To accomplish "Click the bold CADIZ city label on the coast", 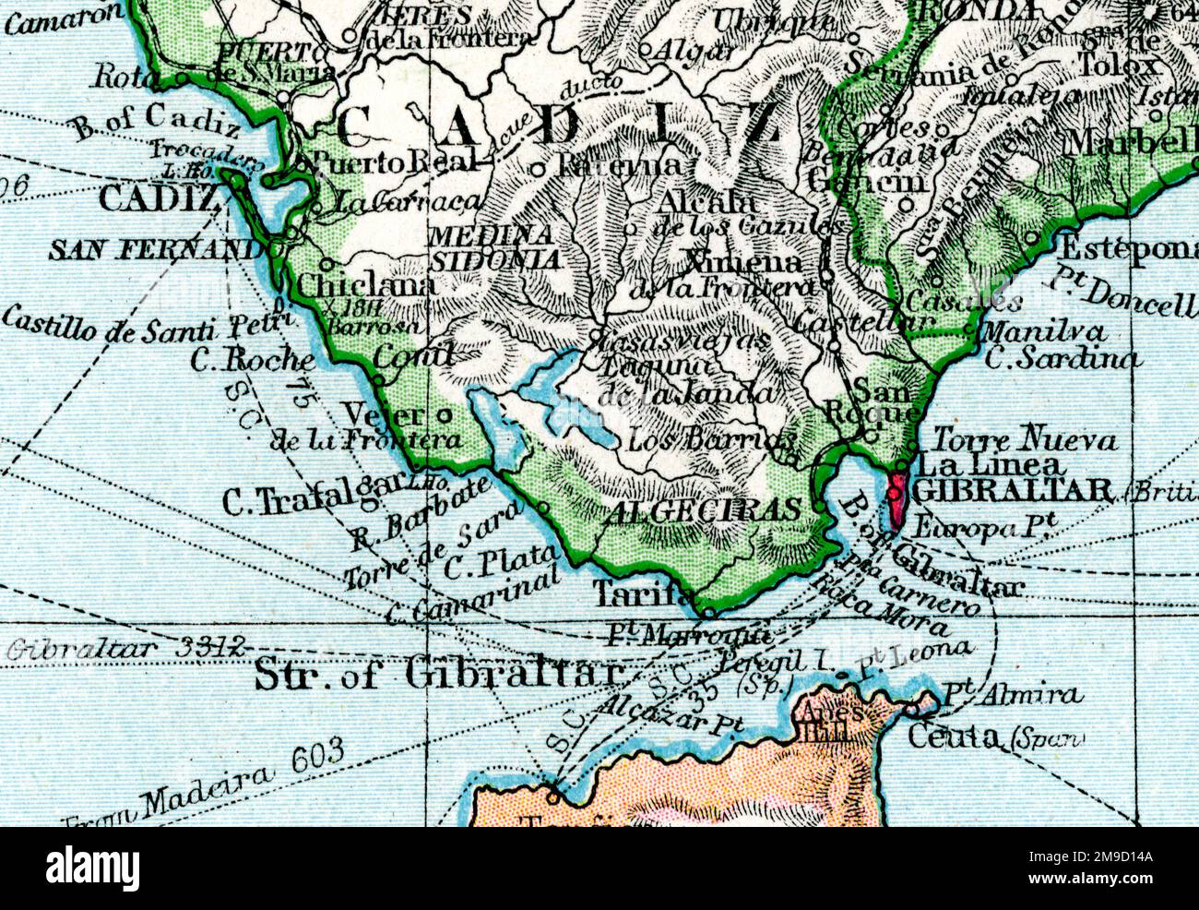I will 159,198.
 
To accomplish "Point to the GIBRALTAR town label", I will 1013,490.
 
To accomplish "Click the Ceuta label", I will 956,736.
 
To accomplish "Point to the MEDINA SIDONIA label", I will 494,247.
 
